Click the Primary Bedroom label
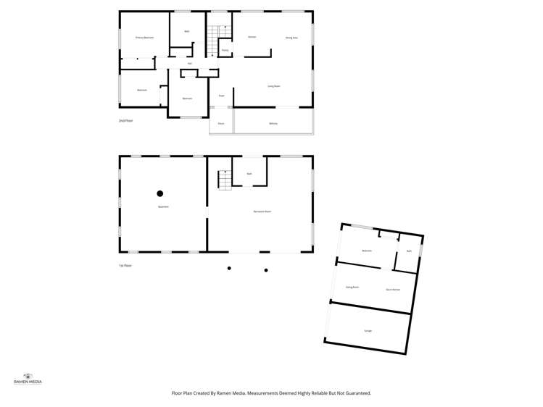click(x=144, y=37)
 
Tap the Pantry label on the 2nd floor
click(x=225, y=50)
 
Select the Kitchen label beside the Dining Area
click(x=252, y=37)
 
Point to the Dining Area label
click(x=291, y=37)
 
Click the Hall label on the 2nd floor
click(x=189, y=64)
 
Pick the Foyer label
click(x=221, y=96)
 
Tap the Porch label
click(x=220, y=124)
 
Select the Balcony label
click(x=273, y=124)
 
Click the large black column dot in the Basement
click(x=160, y=193)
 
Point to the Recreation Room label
click(x=262, y=211)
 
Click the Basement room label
click(x=163, y=208)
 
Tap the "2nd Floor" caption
click(x=126, y=120)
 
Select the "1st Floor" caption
click(x=125, y=266)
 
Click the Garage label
click(x=368, y=331)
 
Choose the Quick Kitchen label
click(x=393, y=290)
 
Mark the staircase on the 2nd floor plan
click(x=212, y=41)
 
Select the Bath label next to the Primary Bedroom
click(x=186, y=31)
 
